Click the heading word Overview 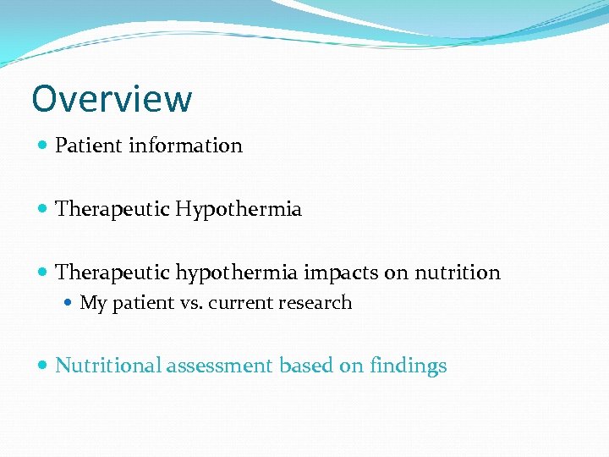pyautogui.click(x=112, y=99)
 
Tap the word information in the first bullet pyautogui.click(x=185, y=146)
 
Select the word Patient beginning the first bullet pyautogui.click(x=89, y=146)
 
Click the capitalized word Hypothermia pyautogui.click(x=239, y=209)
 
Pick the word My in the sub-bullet pyautogui.click(x=91, y=303)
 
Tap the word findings pyautogui.click(x=409, y=366)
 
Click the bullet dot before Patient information pyautogui.click(x=44, y=146)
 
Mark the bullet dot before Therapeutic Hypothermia pyautogui.click(x=44, y=209)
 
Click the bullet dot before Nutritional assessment pyautogui.click(x=44, y=366)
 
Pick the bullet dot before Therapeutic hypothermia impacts pyautogui.click(x=44, y=273)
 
